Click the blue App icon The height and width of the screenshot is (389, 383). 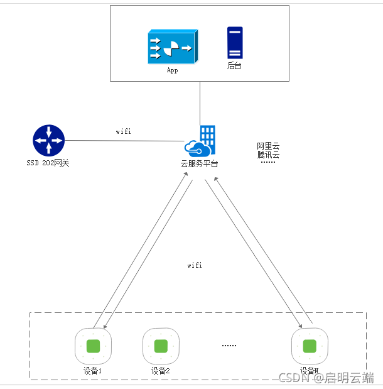pos(171,47)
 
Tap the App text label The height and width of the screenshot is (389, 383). pos(172,70)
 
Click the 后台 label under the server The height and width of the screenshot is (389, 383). pos(234,66)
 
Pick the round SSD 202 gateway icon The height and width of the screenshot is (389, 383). pos(48,140)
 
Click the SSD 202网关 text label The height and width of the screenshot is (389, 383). pos(48,163)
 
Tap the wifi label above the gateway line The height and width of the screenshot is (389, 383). pos(124,132)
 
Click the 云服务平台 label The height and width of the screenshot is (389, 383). pos(200,163)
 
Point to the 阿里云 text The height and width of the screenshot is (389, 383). pos(268,146)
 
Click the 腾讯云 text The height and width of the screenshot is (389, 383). pos(268,155)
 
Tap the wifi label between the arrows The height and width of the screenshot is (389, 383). pos(195,265)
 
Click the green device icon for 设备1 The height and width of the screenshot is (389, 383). pos(93,346)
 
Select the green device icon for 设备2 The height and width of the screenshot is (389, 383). pos(161,346)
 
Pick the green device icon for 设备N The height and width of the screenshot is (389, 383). pos(310,346)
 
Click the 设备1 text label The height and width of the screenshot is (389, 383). pos(93,371)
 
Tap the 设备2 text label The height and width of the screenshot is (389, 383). pos(161,371)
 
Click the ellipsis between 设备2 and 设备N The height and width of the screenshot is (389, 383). pos(230,345)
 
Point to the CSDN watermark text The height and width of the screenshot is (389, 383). pos(326,377)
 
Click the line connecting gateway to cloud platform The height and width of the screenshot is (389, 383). pos(126,141)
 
